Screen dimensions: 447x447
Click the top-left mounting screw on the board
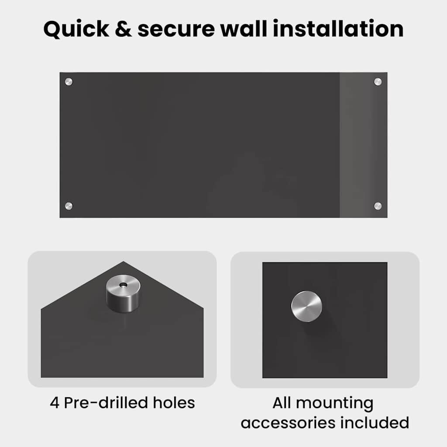69,82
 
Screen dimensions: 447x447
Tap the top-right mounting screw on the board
378,82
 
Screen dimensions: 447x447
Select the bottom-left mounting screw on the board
69,206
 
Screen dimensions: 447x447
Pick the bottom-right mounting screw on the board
378,206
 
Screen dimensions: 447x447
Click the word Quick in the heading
76,29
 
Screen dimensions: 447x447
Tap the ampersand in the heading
123,29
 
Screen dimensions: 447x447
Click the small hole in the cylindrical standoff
123,285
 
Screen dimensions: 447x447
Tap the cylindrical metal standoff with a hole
123,294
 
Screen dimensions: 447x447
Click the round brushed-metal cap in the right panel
306,306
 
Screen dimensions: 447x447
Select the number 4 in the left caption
55,403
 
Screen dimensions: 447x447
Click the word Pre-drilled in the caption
106,402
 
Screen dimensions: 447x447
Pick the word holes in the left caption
174,402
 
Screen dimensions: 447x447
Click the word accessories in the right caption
288,423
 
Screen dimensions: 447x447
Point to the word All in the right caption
282,403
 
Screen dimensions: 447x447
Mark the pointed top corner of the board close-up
123,261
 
